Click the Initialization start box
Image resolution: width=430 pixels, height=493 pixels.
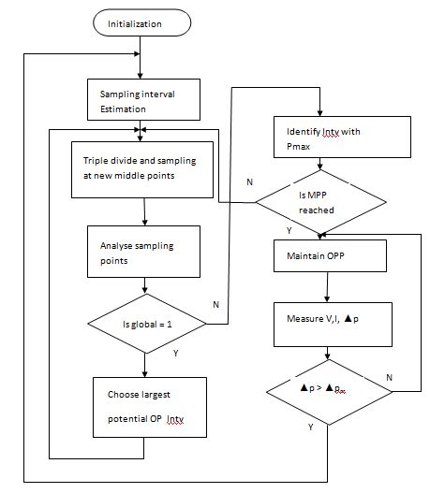[140, 22]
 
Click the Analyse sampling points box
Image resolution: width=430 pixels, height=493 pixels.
[142, 253]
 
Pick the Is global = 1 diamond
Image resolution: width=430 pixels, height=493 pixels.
[143, 324]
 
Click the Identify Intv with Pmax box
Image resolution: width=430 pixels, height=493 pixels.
[327, 140]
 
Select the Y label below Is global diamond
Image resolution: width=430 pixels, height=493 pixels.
[174, 355]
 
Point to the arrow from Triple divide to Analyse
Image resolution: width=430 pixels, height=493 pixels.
[143, 210]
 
